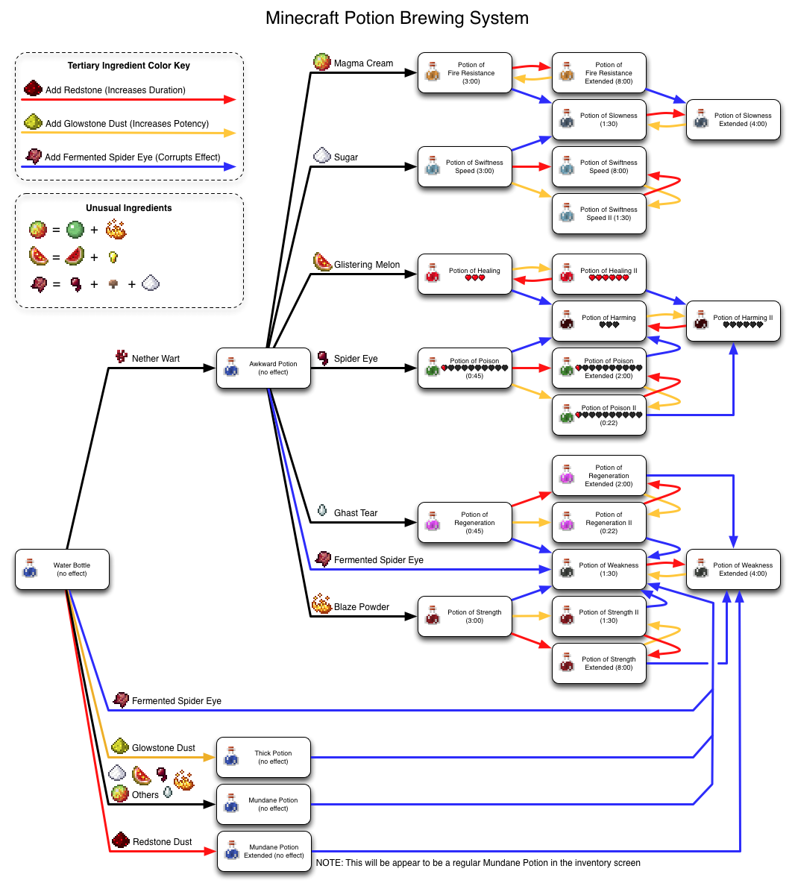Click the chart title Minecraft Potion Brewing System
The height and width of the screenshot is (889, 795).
pyautogui.click(x=397, y=19)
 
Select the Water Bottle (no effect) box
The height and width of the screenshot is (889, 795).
pyautogui.click(x=63, y=570)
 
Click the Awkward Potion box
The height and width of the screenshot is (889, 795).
pyautogui.click(x=263, y=368)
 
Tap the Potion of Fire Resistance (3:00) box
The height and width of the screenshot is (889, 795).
pyautogui.click(x=465, y=73)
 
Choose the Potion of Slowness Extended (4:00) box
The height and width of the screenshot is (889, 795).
pyautogui.click(x=733, y=120)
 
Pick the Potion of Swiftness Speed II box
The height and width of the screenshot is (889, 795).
pyautogui.click(x=599, y=214)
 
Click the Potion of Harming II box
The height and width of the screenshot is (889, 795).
pyautogui.click(x=733, y=321)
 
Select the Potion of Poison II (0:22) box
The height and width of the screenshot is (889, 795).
pyautogui.click(x=599, y=415)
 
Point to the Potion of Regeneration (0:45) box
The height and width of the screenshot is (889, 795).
pyautogui.click(x=465, y=523)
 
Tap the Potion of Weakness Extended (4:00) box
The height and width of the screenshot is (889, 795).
pyautogui.click(x=733, y=570)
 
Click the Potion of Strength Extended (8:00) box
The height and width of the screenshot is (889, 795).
pyautogui.click(x=599, y=664)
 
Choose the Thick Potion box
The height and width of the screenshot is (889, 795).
pyautogui.click(x=263, y=758)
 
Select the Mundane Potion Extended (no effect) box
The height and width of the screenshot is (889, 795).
pyautogui.click(x=264, y=852)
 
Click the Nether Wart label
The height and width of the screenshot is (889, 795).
pyautogui.click(x=155, y=359)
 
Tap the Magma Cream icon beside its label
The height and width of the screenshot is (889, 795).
pyautogui.click(x=322, y=62)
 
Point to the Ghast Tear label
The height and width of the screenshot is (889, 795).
pyautogui.click(x=355, y=513)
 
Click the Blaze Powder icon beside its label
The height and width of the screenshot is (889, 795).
pyautogui.click(x=321, y=604)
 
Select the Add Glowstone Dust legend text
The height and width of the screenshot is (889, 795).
pyautogui.click(x=127, y=124)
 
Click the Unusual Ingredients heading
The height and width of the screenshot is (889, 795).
pyautogui.click(x=128, y=208)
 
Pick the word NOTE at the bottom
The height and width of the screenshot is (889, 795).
pyautogui.click(x=328, y=863)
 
